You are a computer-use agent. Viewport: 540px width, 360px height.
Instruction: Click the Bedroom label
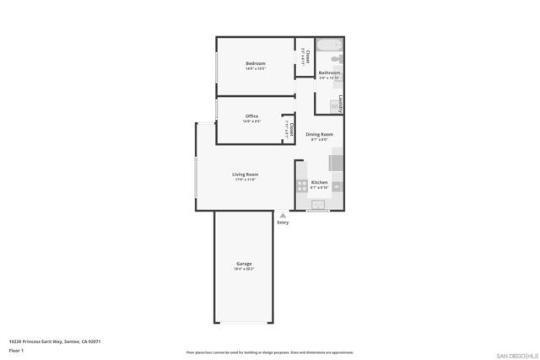(255, 64)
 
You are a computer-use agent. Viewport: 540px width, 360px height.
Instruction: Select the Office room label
(251, 116)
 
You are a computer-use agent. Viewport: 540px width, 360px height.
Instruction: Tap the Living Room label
(245, 175)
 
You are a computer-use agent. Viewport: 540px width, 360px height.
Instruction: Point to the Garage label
(244, 264)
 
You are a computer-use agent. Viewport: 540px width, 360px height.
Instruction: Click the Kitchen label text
(319, 183)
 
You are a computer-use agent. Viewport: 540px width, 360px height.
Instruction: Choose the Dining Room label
(319, 135)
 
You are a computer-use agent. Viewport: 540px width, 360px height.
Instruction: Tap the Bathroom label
(329, 73)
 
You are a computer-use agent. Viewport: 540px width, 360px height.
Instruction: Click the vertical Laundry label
(340, 104)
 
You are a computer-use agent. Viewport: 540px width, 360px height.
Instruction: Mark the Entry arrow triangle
(283, 215)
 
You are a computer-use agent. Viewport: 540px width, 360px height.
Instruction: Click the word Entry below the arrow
(283, 223)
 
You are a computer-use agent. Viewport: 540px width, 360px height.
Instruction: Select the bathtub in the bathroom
(329, 45)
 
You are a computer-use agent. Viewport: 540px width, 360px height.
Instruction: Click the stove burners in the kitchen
(302, 185)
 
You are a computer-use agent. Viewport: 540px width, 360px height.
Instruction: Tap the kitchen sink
(319, 204)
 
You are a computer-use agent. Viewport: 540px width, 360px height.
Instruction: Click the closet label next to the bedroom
(307, 56)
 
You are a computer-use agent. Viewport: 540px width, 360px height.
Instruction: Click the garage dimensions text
(244, 269)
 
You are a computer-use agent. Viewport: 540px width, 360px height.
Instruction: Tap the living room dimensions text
(245, 180)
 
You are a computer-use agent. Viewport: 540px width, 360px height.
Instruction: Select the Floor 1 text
(16, 350)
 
